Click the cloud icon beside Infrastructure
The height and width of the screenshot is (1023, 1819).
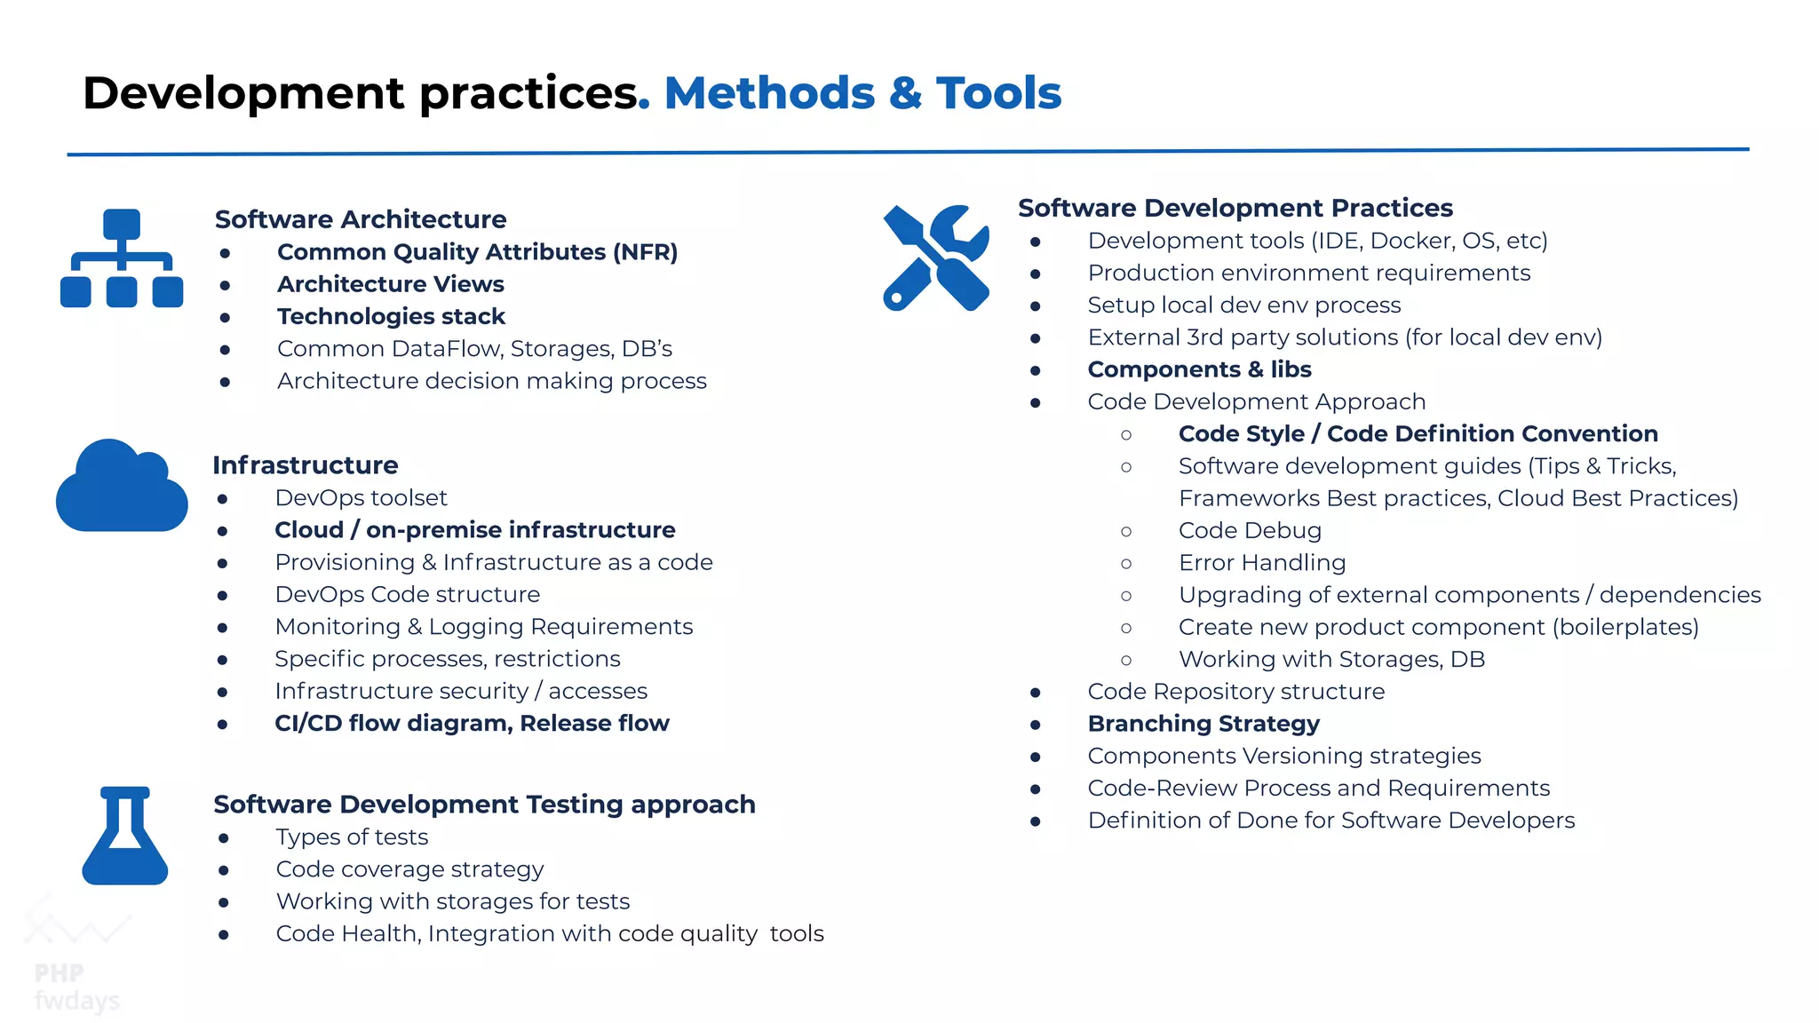coord(122,487)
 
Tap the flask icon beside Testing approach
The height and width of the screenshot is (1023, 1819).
coord(124,837)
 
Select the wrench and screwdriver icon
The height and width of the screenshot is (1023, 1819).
coord(936,258)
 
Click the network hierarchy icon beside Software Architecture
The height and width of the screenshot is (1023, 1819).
coord(122,258)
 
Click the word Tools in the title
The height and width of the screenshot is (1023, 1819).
coord(998,93)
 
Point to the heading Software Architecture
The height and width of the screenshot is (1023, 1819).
coord(361,219)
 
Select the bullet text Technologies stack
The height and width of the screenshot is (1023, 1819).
coord(391,316)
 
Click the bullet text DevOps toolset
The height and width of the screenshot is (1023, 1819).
coord(361,498)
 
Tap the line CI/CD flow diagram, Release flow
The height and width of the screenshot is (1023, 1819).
coord(472,724)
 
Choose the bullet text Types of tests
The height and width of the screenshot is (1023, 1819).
coord(352,837)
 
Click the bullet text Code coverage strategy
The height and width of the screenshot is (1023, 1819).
coord(409,869)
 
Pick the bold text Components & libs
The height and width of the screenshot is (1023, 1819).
coord(1199,369)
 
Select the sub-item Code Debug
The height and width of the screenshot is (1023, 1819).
coord(1250,531)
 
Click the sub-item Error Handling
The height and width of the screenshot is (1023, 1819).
coord(1261,563)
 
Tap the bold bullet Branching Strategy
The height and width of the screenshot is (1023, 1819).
coord(1203,724)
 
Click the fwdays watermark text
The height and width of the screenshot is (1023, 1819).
coord(76,1001)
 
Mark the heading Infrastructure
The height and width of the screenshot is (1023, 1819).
coord(305,465)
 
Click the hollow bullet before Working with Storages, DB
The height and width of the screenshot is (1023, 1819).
coord(1126,660)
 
